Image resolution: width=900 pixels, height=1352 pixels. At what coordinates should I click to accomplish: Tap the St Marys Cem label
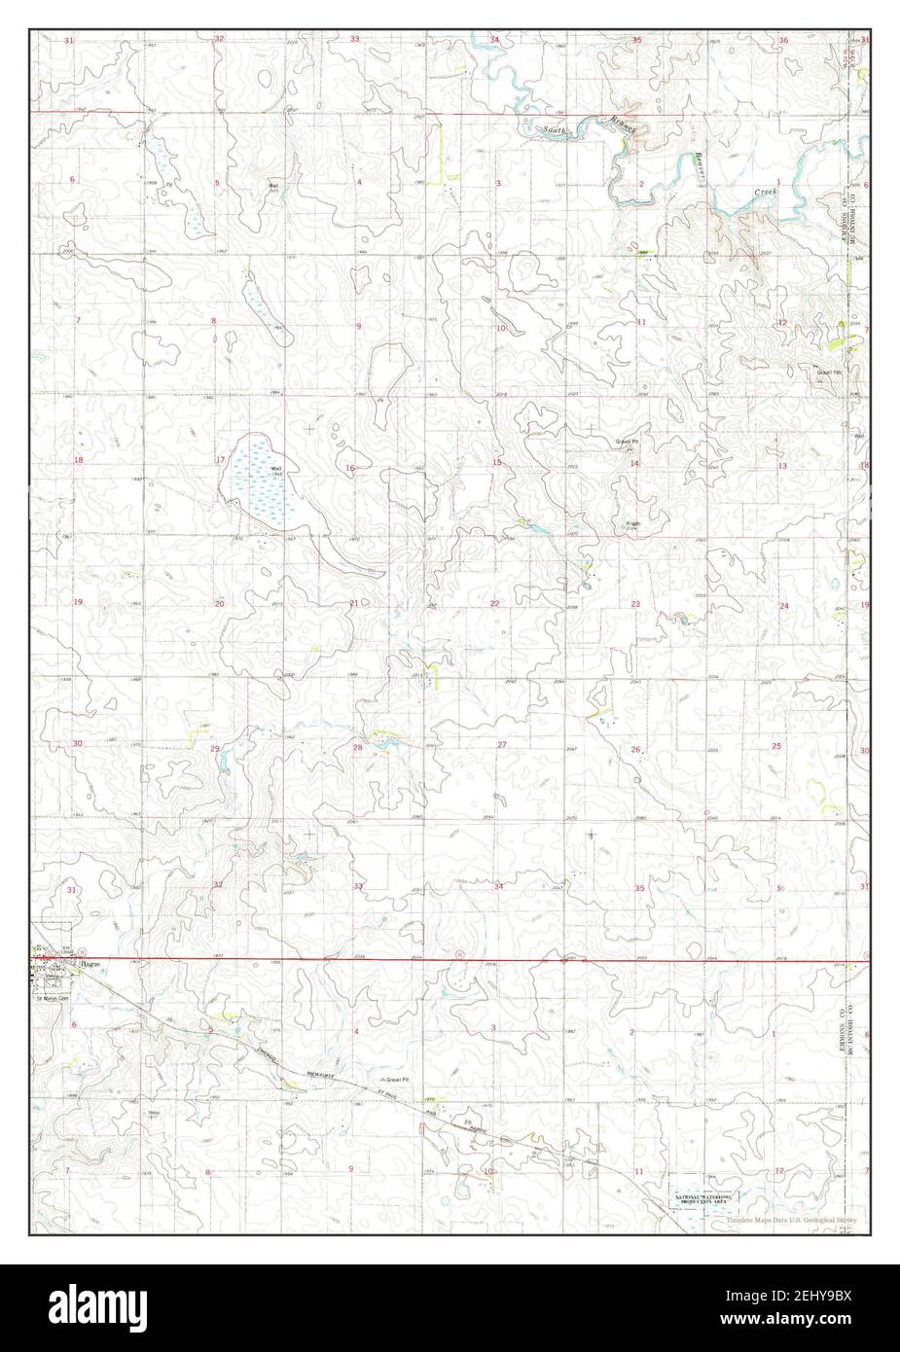click(x=50, y=997)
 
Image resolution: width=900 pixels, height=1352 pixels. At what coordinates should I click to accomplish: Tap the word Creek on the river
click(x=766, y=193)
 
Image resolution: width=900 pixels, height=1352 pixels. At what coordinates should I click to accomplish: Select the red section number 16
click(x=349, y=469)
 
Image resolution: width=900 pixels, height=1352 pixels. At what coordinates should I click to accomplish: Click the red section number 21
click(x=354, y=603)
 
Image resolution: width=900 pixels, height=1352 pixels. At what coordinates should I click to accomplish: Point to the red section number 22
click(x=495, y=604)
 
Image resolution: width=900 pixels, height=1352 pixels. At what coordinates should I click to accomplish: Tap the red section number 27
click(x=502, y=745)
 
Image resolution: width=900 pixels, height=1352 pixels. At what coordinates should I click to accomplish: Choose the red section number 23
click(x=635, y=605)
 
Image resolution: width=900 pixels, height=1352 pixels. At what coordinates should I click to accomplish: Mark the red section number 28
click(x=357, y=747)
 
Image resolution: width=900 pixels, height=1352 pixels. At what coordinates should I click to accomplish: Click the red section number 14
click(x=634, y=464)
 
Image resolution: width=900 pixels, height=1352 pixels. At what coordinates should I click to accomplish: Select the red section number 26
click(x=635, y=750)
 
